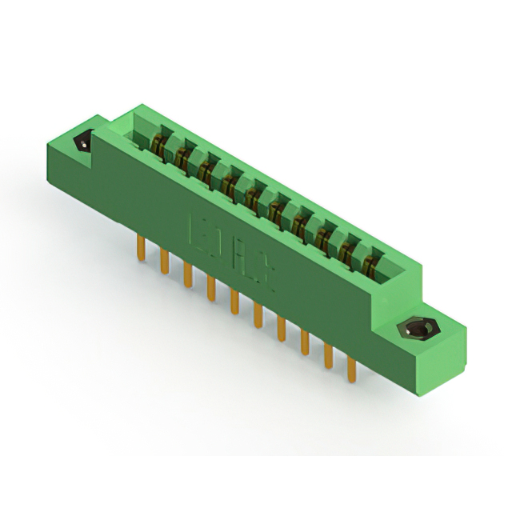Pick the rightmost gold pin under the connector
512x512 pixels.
(350, 370)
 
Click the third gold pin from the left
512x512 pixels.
(188, 274)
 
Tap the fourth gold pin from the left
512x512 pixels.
(211, 287)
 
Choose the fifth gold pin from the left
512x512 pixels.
(234, 301)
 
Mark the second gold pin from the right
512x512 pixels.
(328, 356)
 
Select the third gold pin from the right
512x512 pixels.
(305, 342)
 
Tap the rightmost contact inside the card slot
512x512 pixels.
(370, 264)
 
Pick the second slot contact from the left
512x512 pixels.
(183, 158)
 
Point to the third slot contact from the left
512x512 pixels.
(206, 171)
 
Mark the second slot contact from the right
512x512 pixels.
(347, 250)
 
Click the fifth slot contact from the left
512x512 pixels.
(254, 198)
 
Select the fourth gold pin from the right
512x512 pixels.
(282, 329)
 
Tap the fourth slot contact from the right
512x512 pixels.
(301, 224)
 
